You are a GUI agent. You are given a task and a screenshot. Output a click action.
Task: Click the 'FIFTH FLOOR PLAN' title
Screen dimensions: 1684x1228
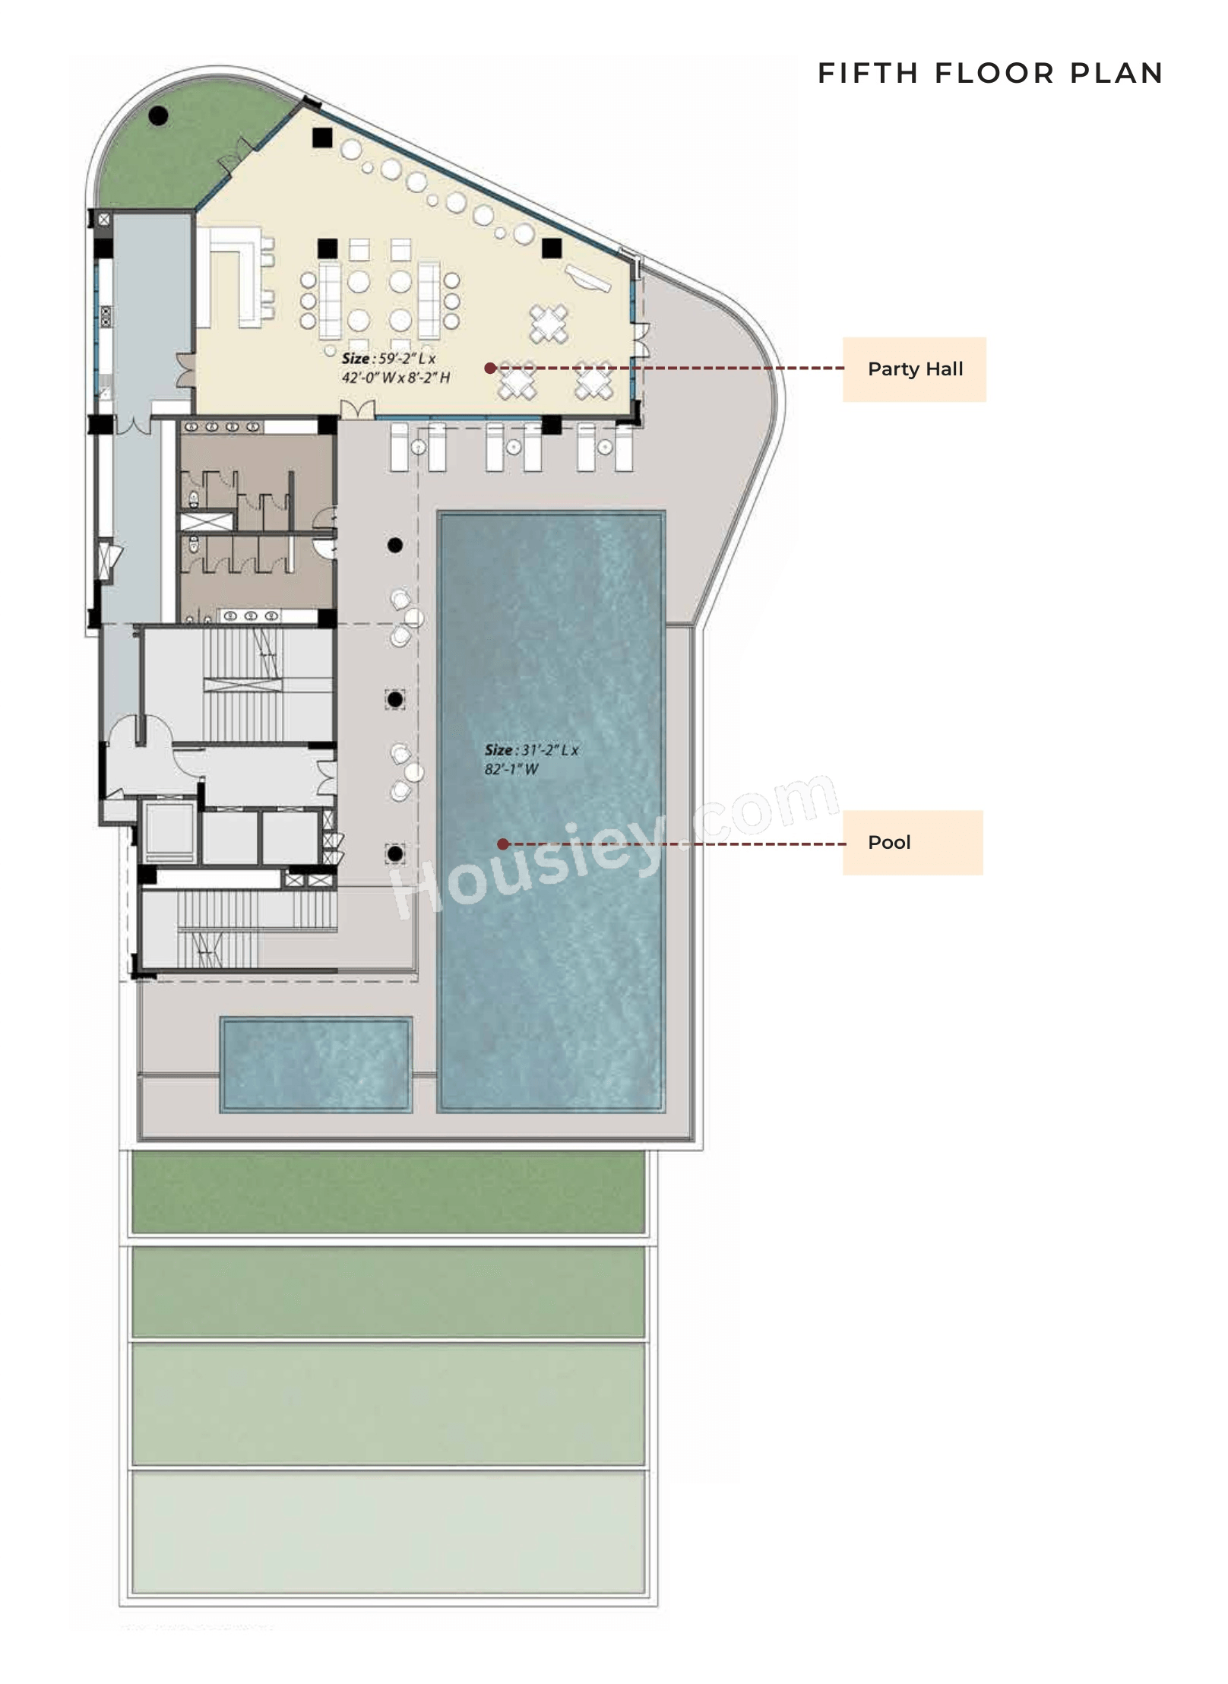(x=989, y=73)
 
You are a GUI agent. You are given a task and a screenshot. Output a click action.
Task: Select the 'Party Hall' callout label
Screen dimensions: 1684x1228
(x=914, y=369)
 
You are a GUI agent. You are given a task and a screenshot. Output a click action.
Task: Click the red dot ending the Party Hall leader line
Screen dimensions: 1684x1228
(x=490, y=368)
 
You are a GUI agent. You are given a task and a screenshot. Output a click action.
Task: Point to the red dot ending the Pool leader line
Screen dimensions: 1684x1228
(x=502, y=844)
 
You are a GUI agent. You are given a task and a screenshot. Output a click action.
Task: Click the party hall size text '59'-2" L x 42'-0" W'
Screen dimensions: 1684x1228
(x=395, y=368)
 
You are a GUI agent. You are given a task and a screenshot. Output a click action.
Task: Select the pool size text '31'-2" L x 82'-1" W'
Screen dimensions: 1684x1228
(x=531, y=759)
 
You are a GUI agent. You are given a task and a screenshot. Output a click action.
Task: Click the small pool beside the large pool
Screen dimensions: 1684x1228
(x=315, y=1064)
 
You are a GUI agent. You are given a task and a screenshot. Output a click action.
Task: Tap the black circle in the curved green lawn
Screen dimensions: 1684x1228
(x=158, y=116)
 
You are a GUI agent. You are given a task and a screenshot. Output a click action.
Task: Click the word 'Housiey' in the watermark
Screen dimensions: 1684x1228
(x=524, y=866)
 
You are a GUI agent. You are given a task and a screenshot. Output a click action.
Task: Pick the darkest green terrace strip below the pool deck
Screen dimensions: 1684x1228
(x=388, y=1192)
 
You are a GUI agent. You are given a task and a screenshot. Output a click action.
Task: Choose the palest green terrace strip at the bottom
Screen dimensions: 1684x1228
(x=388, y=1531)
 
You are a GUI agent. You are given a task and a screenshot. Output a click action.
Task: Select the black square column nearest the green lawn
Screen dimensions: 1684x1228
(x=322, y=138)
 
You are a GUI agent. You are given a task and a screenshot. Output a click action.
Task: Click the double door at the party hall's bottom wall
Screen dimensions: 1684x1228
(x=357, y=410)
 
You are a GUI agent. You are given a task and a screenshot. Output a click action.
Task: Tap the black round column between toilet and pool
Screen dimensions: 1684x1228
(x=395, y=545)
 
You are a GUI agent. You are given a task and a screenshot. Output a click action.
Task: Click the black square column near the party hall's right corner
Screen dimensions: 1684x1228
(x=552, y=248)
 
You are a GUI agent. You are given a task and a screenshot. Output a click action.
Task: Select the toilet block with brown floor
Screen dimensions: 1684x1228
(x=256, y=521)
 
